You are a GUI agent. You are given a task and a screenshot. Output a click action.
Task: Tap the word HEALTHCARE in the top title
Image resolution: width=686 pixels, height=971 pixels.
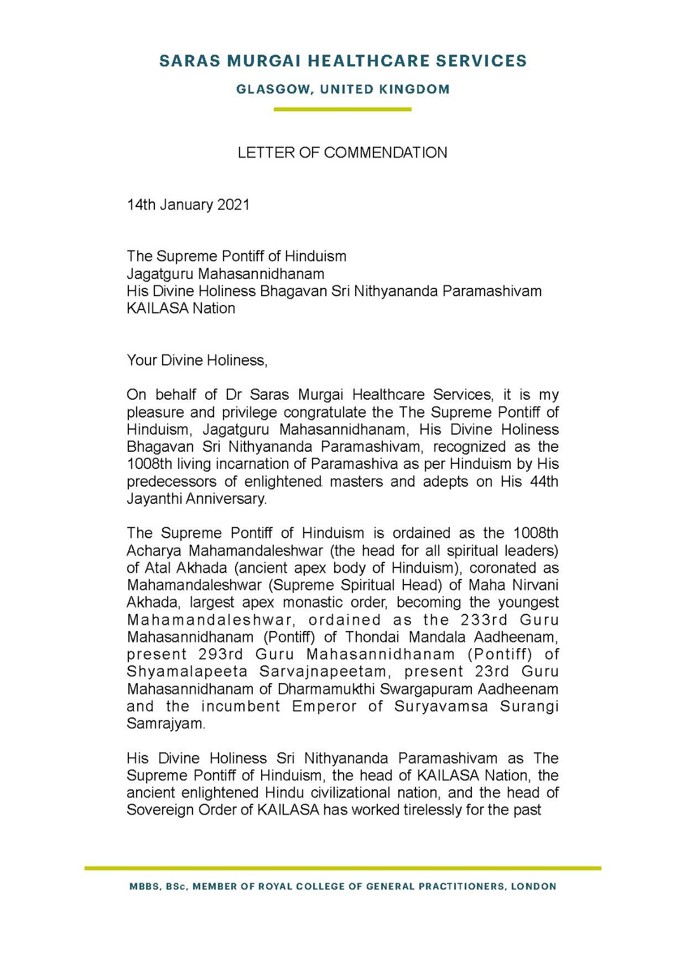point(368,61)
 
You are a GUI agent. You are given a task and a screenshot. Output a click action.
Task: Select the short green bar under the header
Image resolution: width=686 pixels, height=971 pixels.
point(342,109)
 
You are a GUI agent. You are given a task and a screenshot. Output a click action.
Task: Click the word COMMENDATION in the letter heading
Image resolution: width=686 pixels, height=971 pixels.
point(386,153)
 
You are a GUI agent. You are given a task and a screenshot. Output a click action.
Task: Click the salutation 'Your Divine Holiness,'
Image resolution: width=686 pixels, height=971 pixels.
point(197,360)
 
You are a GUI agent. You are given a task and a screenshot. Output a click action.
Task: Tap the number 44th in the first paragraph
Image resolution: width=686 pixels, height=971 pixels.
point(544,482)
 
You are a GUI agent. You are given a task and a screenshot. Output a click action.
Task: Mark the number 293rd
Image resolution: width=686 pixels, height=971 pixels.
point(220,655)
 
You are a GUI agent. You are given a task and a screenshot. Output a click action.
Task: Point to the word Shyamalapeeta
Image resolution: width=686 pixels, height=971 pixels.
point(187,672)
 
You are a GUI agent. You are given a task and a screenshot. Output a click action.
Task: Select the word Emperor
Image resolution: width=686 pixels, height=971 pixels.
point(324,707)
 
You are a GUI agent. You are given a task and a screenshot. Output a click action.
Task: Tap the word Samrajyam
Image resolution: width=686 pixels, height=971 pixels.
point(165,724)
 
